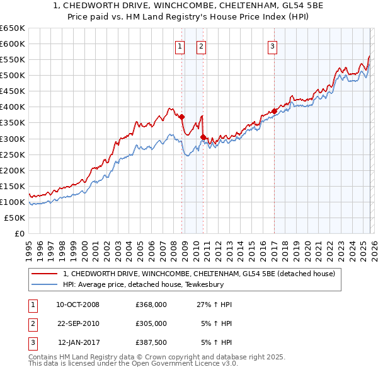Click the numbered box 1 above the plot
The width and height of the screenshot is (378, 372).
point(180,45)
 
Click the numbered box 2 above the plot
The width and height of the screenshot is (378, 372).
point(201,45)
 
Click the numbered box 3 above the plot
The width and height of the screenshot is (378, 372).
point(273,45)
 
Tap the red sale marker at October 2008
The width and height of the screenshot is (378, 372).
point(181,117)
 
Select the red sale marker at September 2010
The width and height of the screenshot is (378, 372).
point(203,137)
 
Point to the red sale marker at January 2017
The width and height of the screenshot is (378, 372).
point(274,111)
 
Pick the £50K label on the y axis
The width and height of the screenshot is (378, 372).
point(15,218)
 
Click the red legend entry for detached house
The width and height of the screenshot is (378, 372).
point(202,274)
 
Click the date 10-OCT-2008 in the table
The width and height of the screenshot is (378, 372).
point(77,305)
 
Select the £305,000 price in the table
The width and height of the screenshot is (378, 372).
point(151,323)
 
